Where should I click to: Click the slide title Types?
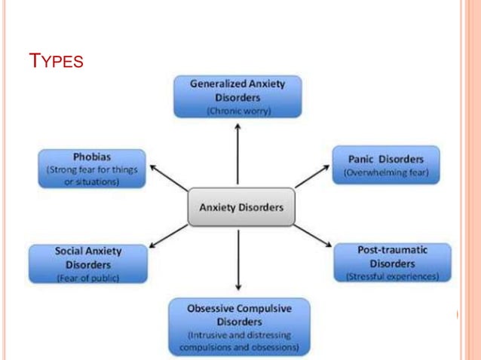pos(54,60)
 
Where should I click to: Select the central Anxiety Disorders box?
pos(240,207)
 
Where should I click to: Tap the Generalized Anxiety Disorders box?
pos(237,96)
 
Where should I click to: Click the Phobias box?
pos(92,169)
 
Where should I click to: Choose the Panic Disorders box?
pos(386,166)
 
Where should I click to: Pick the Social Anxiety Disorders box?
pos(88,264)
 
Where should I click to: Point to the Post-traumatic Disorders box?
pos(392,263)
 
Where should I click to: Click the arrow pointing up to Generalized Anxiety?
pos(238,154)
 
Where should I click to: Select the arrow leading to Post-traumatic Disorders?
pos(311,236)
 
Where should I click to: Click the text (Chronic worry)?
pos(238,111)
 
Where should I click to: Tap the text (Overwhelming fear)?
pos(386,173)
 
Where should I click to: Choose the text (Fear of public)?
pos(88,278)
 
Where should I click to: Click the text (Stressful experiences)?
pos(392,276)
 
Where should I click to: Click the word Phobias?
pos(93,157)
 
